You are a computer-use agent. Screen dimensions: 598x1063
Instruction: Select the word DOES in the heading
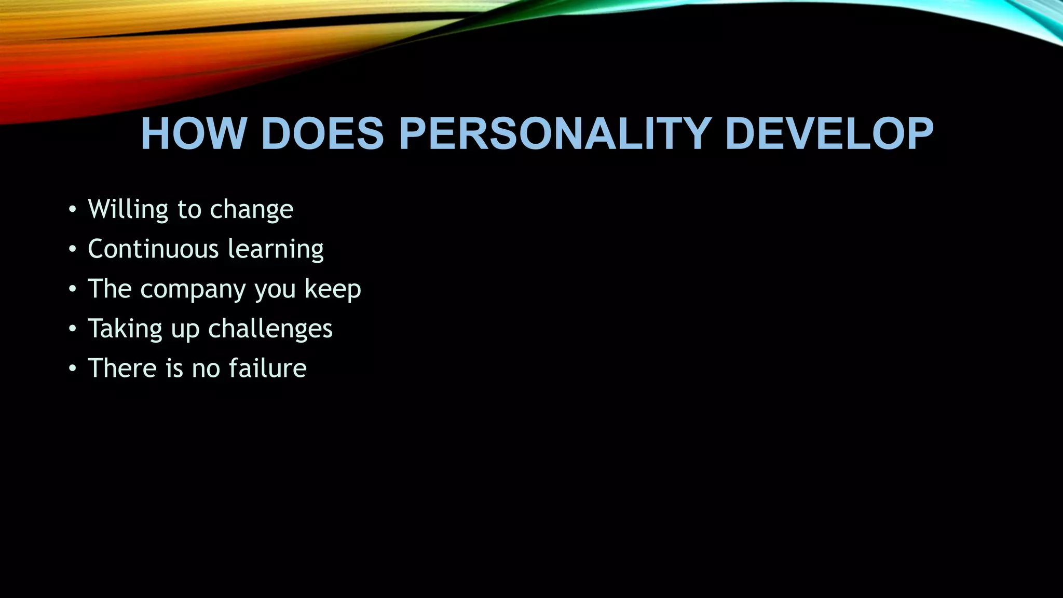pyautogui.click(x=322, y=134)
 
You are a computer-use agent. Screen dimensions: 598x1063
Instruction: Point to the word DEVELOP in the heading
pyautogui.click(x=829, y=134)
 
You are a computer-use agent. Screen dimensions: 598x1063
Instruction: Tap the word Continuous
pyautogui.click(x=153, y=249)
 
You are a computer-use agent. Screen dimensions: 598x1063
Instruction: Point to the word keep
pyautogui.click(x=333, y=290)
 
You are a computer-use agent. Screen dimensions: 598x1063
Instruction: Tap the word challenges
pyautogui.click(x=270, y=329)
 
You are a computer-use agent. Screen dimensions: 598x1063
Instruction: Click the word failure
pyautogui.click(x=268, y=368)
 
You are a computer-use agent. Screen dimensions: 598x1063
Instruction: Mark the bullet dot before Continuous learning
pyautogui.click(x=72, y=250)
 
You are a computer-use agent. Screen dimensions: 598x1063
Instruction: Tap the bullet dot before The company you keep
pyautogui.click(x=72, y=290)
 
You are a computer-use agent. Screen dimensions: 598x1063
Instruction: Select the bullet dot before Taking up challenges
pyautogui.click(x=72, y=329)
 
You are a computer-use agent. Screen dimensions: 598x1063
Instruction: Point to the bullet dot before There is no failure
pyautogui.click(x=72, y=369)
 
